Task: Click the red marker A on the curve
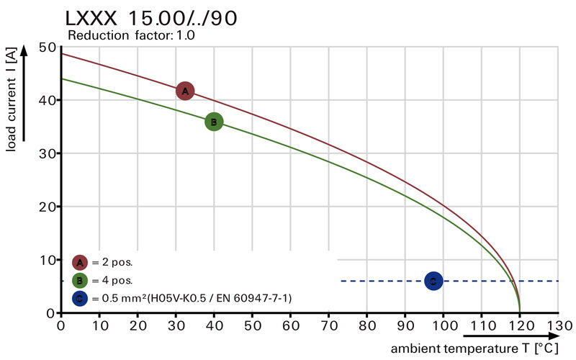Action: tap(185, 91)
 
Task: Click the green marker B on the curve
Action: tap(214, 122)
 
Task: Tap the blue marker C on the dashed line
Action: tap(433, 281)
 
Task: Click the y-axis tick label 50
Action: tap(48, 48)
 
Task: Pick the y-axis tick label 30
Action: tap(48, 153)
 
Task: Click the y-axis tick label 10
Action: tap(48, 260)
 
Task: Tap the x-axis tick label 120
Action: tap(519, 326)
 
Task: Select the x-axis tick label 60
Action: tap(290, 326)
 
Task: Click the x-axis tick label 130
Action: tap(558, 326)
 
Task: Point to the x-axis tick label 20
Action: tap(137, 326)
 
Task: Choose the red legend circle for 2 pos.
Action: tap(80, 262)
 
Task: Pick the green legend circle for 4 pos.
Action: tap(80, 280)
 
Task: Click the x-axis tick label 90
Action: tap(405, 326)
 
